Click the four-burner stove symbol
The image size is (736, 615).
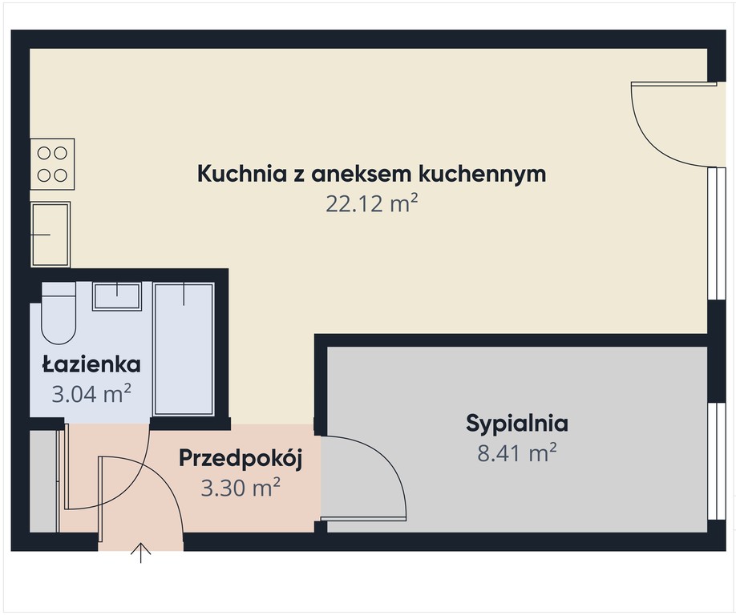(52, 164)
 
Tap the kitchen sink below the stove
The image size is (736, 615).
(51, 235)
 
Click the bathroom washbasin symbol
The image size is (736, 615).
(117, 296)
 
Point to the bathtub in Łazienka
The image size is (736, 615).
(184, 349)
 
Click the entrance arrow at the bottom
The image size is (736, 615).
(141, 553)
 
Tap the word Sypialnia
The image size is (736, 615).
(517, 424)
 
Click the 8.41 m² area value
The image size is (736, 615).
(517, 452)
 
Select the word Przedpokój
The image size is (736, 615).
(240, 458)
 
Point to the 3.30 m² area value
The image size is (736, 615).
(241, 488)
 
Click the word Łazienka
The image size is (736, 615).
(91, 364)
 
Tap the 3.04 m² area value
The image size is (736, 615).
(91, 394)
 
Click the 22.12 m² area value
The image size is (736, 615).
(372, 204)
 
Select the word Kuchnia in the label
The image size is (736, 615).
(242, 174)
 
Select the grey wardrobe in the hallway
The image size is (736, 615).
(43, 481)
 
